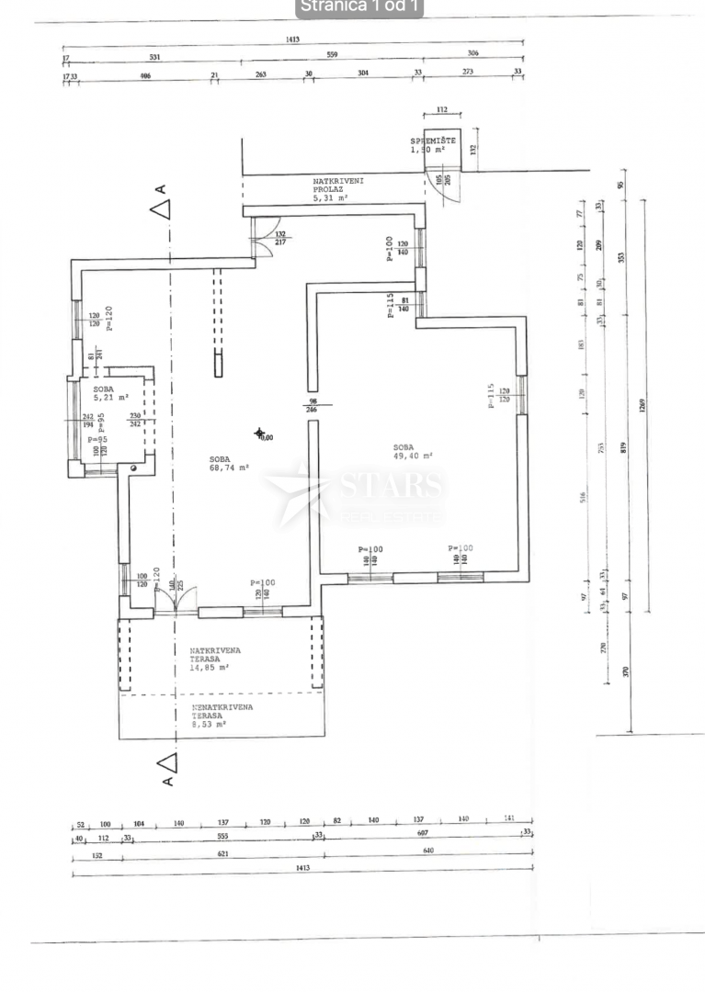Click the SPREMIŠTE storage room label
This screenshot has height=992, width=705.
point(433,141)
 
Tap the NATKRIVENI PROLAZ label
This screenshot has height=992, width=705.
point(337,188)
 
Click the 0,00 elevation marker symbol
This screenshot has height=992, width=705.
point(261,434)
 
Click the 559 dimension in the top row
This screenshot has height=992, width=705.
point(332,56)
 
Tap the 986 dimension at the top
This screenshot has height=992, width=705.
point(145,75)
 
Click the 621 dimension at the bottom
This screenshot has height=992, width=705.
point(221,853)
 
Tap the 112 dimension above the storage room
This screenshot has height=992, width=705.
point(442,109)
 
